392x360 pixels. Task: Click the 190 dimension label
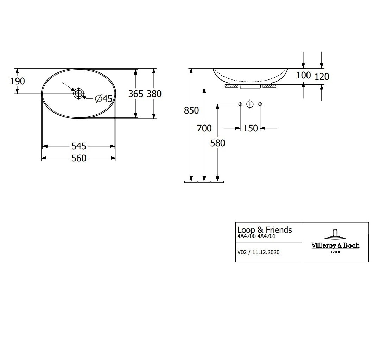tap(18, 81)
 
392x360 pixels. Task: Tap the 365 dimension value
tap(135, 94)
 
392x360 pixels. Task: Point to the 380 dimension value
tap(154, 94)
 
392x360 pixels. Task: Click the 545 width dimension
tap(79, 146)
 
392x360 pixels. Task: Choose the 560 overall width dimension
tap(79, 159)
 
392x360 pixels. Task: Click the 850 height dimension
tap(191, 110)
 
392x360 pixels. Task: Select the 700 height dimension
tap(204, 129)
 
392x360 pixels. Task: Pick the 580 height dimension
tap(217, 143)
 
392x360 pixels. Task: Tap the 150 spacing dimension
tap(251, 128)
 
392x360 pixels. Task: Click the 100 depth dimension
tap(303, 75)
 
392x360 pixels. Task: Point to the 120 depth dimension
tap(322, 76)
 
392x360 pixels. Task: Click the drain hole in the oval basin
tap(78, 94)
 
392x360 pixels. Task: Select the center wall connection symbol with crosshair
tap(250, 104)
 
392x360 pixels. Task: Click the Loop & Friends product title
tap(265, 230)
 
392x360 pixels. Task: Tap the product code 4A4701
tap(266, 237)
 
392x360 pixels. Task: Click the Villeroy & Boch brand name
tap(335, 245)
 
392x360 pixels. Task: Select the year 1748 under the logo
tap(335, 252)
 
